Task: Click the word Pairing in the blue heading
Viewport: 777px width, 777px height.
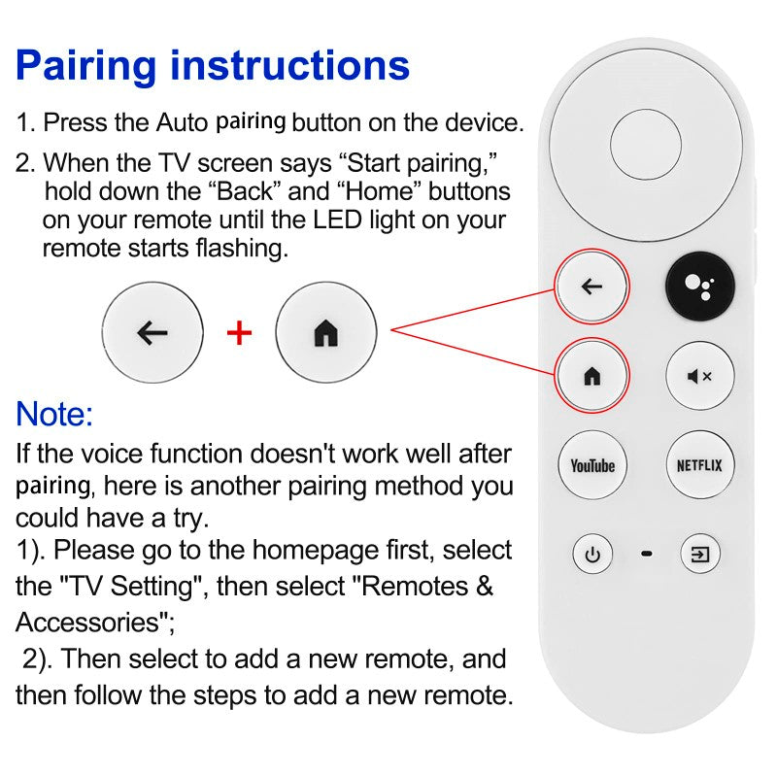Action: tap(86, 65)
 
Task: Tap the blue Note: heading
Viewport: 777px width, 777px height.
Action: tap(54, 415)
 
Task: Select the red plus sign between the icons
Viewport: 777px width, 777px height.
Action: tap(239, 333)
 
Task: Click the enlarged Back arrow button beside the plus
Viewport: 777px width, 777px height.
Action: tap(152, 333)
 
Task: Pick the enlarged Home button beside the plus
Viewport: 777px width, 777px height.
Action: tap(325, 333)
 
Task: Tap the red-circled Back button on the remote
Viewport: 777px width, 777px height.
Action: tap(591, 287)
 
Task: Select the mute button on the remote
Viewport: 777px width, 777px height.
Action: tap(699, 376)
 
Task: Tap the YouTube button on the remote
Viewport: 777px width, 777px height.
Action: tap(591, 465)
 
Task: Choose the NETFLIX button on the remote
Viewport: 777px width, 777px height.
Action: tap(699, 465)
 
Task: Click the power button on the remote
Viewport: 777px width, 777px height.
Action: tap(591, 556)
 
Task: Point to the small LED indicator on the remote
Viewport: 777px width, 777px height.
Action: tap(647, 556)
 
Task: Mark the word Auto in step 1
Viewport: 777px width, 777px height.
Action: tap(182, 123)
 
